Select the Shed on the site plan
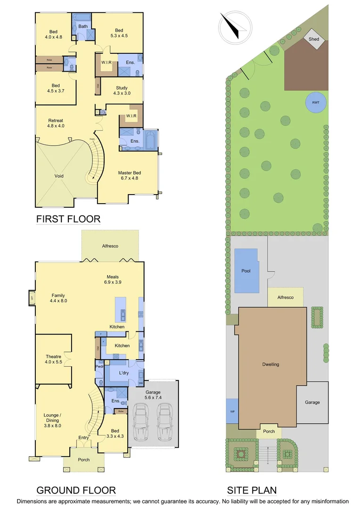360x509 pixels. pos(314,39)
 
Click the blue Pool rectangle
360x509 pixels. pos(246,271)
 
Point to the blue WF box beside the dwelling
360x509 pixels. pos(232,411)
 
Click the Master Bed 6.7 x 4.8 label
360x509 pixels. pos(129,176)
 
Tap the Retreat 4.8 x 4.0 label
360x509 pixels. pos(56,123)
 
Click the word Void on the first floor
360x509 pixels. pos(59,176)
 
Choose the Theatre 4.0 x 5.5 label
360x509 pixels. pos(53,360)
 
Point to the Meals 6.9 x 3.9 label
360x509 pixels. pos(112,279)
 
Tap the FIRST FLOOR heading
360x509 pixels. pos(68,219)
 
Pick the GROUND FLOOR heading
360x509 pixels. pos(76,490)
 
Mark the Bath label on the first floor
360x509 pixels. pos(83,26)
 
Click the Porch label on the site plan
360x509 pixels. pos(269,431)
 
